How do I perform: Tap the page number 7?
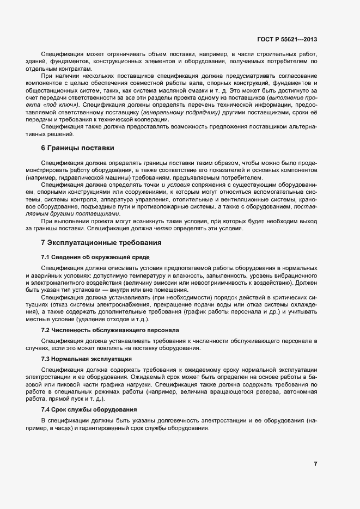coord(315,463)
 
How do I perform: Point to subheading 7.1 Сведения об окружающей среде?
coord(95,256)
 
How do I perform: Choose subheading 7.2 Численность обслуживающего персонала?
coord(109,330)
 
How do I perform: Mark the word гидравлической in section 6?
coord(78,177)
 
